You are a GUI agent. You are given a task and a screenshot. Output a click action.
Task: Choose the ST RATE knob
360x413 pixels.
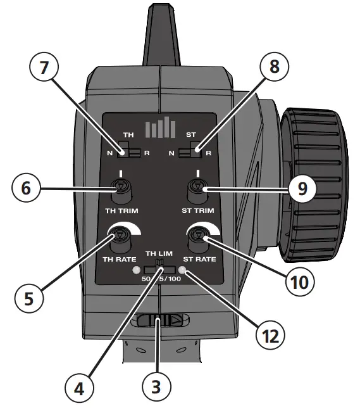[199, 238]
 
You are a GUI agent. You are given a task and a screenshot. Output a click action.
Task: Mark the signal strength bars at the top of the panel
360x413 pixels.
[160, 128]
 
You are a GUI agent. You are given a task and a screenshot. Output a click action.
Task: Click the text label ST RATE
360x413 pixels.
[199, 259]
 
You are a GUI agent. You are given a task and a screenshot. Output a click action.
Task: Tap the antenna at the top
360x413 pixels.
[159, 32]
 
